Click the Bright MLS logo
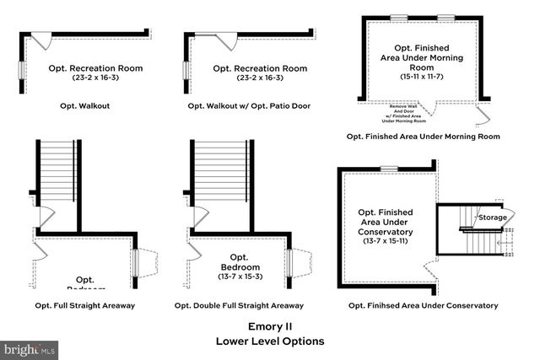coord(30,347)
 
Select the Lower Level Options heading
coord(269,341)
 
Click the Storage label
coord(493,218)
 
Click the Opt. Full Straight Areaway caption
coord(85,305)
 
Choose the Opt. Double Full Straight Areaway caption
coord(239,305)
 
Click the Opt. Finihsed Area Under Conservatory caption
coord(422,305)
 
